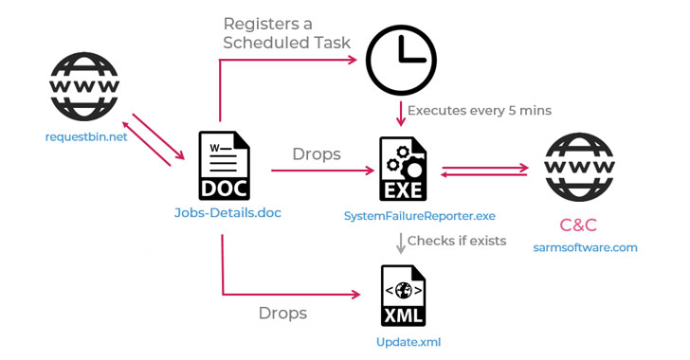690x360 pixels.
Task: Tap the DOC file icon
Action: click(222, 167)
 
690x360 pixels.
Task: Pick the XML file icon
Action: click(402, 297)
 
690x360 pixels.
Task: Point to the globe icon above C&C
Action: click(583, 170)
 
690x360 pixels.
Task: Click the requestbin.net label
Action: click(85, 136)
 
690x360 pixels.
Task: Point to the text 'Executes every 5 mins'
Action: click(479, 111)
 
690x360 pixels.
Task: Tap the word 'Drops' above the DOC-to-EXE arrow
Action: click(316, 154)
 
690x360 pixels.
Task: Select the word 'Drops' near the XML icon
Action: click(282, 313)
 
